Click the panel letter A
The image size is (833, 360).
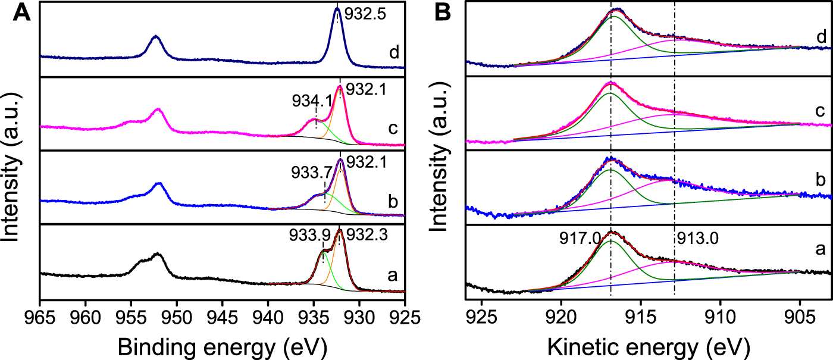[x=22, y=13]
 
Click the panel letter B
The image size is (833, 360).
[x=448, y=13]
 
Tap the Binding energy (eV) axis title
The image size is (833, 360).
[x=222, y=344]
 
